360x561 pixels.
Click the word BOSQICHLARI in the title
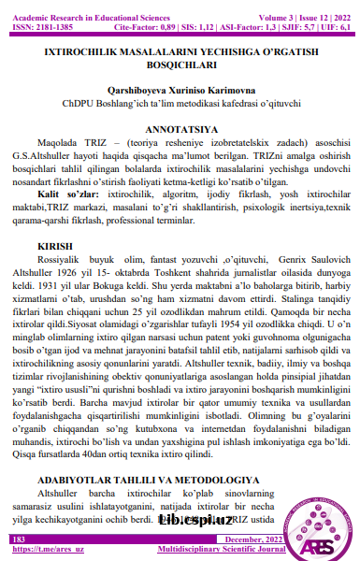click(179, 65)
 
